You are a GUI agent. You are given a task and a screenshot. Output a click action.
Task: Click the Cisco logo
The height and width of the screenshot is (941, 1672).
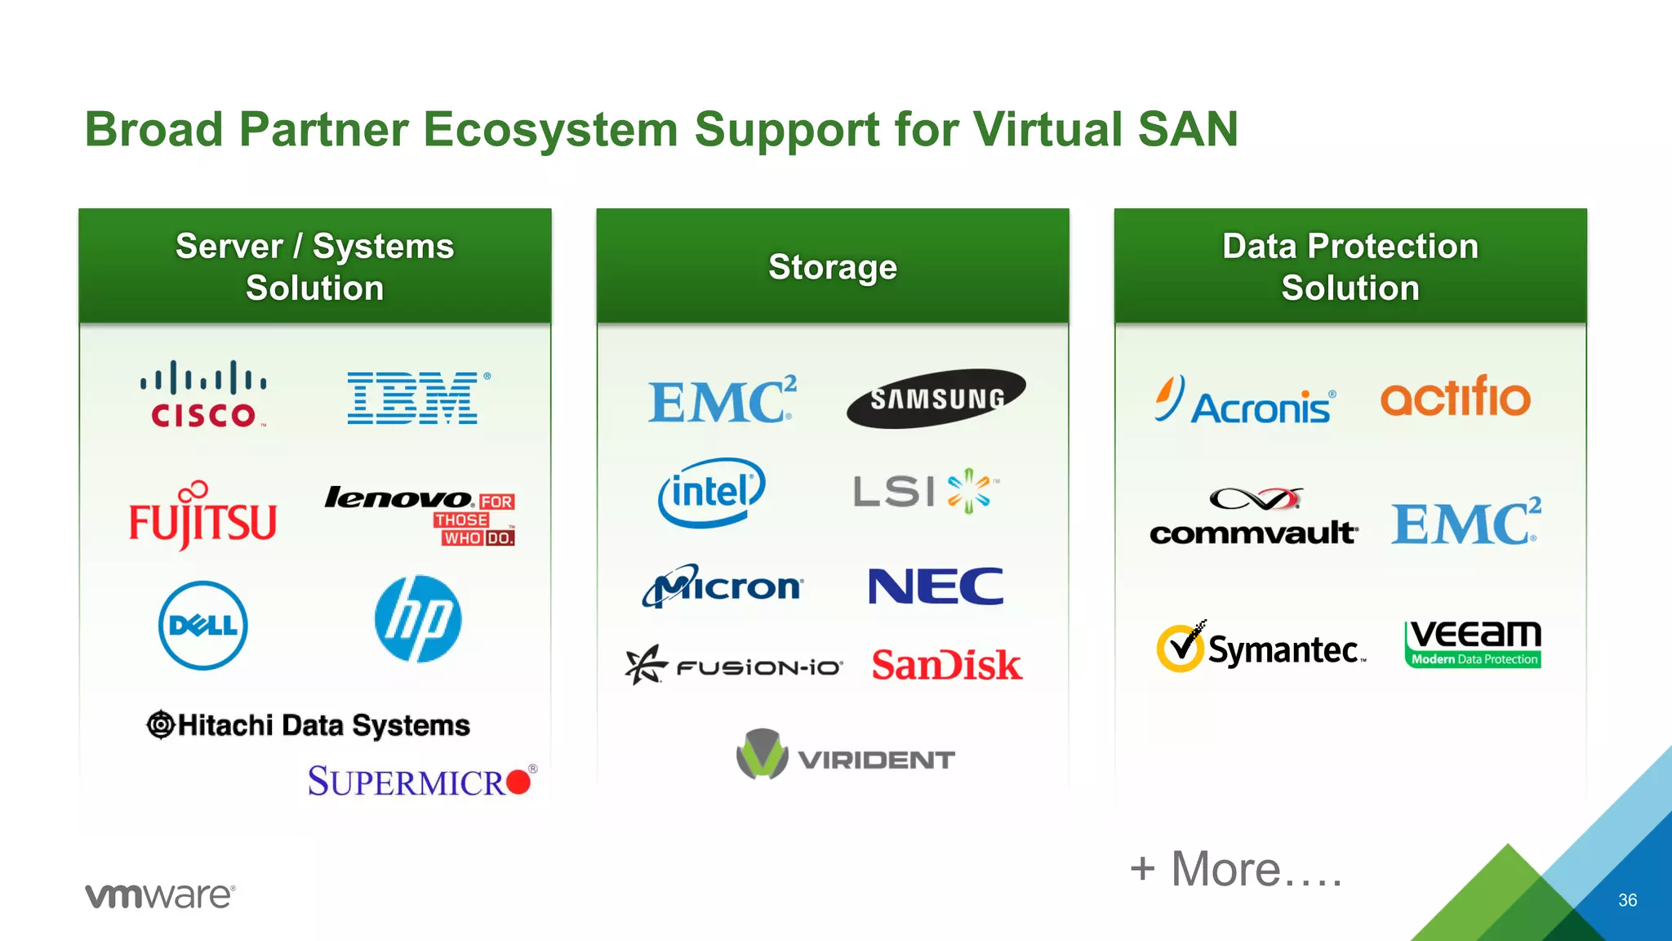203,395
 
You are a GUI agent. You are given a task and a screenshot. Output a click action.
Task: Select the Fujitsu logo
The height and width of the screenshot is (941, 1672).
202,516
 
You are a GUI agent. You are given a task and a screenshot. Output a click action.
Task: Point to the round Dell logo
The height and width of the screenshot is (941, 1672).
202,626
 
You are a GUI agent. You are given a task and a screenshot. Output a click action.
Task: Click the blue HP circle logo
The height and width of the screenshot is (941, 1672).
418,619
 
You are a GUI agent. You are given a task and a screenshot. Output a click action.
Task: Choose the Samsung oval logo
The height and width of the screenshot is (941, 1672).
936,399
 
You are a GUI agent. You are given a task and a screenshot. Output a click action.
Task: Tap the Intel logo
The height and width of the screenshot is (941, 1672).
711,492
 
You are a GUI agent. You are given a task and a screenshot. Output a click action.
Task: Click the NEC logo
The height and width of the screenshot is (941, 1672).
936,586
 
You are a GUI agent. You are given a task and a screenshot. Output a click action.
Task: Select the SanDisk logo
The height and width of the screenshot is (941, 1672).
946,665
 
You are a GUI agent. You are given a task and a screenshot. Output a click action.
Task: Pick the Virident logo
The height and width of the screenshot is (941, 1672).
845,756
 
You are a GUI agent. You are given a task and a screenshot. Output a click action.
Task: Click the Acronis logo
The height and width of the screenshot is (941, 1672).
1245,401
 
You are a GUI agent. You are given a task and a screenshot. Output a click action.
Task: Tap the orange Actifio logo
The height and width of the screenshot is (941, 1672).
1455,397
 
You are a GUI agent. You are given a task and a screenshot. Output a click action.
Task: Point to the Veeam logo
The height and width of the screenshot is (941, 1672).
1473,644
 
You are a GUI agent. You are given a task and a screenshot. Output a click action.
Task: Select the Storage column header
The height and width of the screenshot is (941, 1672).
833,267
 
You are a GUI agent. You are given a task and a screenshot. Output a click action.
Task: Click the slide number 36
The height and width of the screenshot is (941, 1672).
1627,900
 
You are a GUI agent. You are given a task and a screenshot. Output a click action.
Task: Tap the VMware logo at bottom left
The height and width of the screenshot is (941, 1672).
160,895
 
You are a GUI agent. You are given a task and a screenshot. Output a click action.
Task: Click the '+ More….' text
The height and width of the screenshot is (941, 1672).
1236,869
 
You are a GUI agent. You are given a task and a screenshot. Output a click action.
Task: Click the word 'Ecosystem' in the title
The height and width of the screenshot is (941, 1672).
550,129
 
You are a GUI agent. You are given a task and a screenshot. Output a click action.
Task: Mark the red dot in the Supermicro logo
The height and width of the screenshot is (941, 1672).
518,783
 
